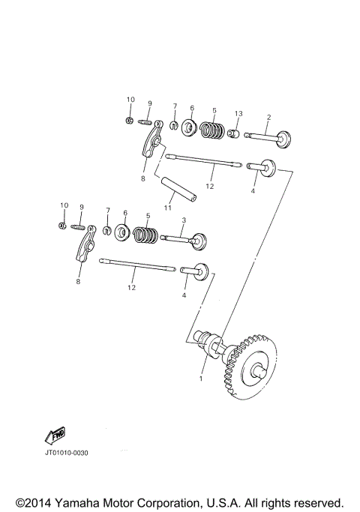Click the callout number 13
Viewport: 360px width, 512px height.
[x=238, y=113]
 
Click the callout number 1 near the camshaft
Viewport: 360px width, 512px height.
[x=200, y=378]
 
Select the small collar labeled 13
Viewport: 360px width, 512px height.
[x=235, y=134]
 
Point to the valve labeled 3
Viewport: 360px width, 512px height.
[x=184, y=240]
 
